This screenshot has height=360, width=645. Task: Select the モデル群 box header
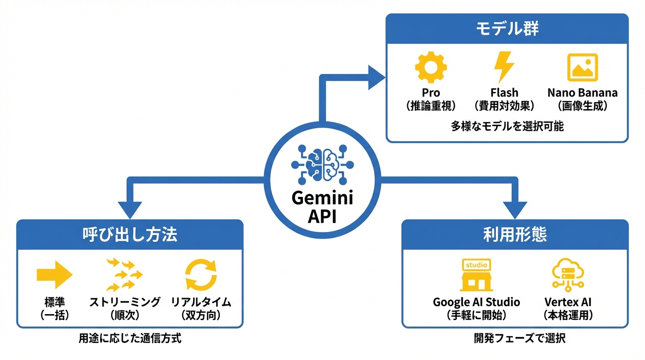tap(507, 29)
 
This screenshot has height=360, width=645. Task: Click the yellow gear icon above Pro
tap(431, 68)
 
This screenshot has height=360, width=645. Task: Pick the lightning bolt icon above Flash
tap(504, 68)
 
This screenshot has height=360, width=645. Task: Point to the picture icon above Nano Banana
tap(582, 68)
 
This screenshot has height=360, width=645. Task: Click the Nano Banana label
tap(582, 93)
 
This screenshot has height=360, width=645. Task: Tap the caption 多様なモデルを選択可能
tap(507, 126)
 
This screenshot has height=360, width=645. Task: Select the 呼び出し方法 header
tap(130, 235)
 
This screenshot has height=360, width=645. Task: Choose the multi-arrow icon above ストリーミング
tap(124, 275)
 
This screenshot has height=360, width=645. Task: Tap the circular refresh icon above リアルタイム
tap(201, 275)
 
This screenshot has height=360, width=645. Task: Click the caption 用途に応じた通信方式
tap(130, 338)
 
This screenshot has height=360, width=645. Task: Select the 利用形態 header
tap(515, 235)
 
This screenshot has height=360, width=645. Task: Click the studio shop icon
tap(476, 275)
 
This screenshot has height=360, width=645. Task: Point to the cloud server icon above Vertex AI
tap(568, 275)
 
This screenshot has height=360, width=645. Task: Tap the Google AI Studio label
tap(476, 302)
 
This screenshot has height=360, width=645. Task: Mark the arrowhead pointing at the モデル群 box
tap(375, 77)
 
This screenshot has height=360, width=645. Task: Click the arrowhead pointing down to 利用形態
tap(515, 209)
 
